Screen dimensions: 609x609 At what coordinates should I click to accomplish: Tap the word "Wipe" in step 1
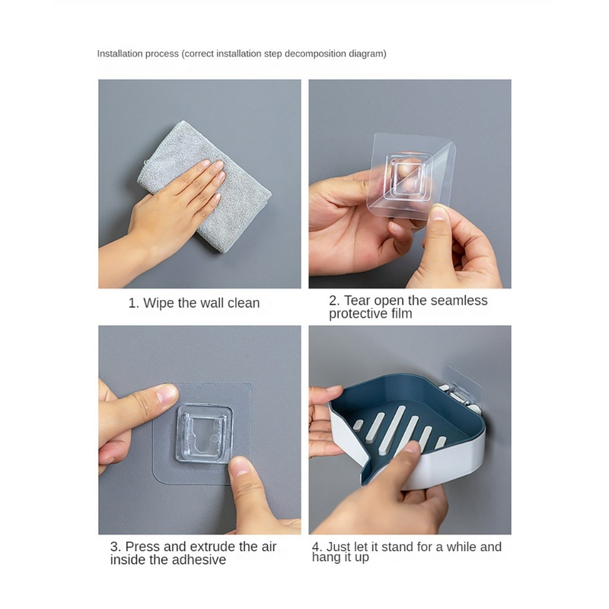[x=159, y=303]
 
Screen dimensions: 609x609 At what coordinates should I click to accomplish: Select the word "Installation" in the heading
[x=118, y=53]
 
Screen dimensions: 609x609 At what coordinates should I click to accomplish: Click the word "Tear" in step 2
[x=357, y=300]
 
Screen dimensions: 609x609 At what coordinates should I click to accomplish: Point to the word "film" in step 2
[x=402, y=314]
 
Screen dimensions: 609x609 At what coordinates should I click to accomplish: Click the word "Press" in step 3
[x=142, y=547]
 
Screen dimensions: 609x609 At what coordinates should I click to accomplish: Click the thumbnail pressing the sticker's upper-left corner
[x=167, y=394]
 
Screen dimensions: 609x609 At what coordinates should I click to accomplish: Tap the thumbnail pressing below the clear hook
[x=240, y=467]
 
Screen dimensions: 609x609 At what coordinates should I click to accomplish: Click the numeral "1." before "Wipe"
[x=134, y=303]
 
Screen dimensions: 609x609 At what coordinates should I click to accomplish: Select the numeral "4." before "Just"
[x=317, y=547]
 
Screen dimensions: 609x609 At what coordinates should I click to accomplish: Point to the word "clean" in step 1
[x=244, y=303]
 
